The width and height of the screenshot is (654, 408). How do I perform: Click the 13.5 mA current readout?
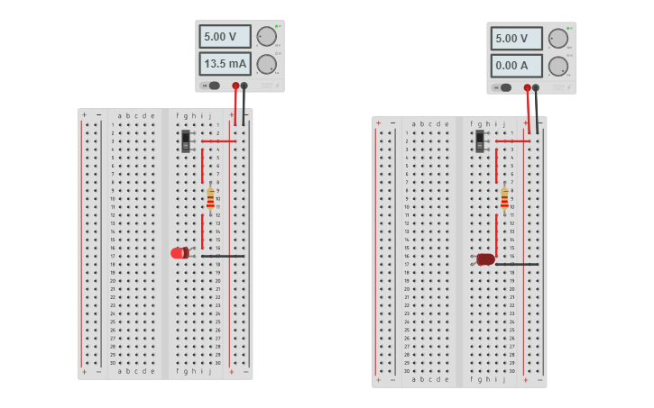click(225, 64)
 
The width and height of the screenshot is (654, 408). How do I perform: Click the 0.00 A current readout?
click(516, 66)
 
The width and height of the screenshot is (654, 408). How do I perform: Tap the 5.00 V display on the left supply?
click(225, 37)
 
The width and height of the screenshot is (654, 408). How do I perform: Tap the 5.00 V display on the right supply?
click(516, 39)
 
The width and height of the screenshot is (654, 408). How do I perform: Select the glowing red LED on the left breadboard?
click(180, 253)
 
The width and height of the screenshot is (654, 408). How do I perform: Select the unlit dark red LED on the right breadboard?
click(485, 259)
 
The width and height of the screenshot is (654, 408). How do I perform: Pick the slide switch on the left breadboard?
click(187, 141)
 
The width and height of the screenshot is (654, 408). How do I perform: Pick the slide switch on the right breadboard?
click(480, 141)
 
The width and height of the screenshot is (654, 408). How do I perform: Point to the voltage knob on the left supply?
click(266, 37)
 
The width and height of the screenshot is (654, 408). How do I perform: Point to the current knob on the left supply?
click(266, 64)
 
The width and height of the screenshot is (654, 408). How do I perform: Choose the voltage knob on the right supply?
click(558, 39)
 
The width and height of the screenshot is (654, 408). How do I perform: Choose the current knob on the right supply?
click(558, 66)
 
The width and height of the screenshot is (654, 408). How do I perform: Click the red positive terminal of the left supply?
click(235, 86)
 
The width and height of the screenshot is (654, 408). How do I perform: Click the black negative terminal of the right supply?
click(536, 87)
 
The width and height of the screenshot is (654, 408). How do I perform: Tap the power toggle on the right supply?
click(504, 87)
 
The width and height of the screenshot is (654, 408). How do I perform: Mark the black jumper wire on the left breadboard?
click(223, 256)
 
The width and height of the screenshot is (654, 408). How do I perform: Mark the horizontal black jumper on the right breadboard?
click(517, 264)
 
